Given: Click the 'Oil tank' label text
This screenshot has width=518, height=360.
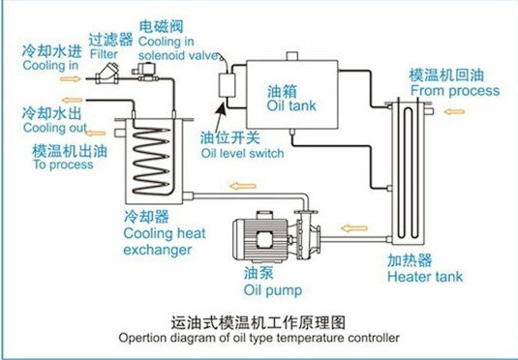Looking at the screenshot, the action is tap(291, 105).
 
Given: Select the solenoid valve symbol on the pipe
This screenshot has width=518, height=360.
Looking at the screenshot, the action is tap(144, 73).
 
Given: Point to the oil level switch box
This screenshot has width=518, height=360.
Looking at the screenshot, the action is tap(227, 85).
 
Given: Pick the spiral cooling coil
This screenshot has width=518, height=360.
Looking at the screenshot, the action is tap(152, 161).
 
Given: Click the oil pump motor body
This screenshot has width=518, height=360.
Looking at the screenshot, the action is tap(261, 236).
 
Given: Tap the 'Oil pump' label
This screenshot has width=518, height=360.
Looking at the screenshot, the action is tap(273, 290).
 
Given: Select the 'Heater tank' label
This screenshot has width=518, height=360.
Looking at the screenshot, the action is tap(425, 277).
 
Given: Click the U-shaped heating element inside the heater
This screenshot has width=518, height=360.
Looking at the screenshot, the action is tap(408, 171).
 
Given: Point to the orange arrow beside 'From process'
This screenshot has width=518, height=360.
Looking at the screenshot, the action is tap(454, 112).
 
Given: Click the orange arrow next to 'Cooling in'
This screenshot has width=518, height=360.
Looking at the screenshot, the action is tap(70, 79).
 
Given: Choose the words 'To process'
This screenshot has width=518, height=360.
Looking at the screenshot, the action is tap(63, 165).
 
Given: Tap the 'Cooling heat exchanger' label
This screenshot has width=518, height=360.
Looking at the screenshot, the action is tap(165, 241).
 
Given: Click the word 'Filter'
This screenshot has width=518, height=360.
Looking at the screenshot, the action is tap(104, 54).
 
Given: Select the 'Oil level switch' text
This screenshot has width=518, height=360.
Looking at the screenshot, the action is tap(242, 153).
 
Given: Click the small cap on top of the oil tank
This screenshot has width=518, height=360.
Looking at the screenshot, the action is tap(292, 56).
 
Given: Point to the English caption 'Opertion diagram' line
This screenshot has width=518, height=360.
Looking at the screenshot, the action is tap(259, 338).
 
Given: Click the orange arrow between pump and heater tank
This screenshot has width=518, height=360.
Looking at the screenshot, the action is tap(354, 228).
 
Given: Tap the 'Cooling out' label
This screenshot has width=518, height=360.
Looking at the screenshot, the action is tap(55, 128).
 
